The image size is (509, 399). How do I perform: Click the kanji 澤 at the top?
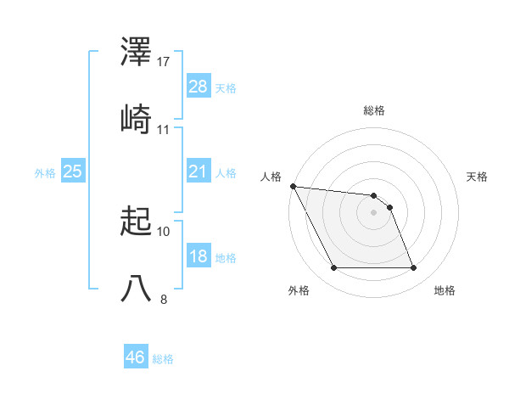137,53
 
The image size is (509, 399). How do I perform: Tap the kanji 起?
137,222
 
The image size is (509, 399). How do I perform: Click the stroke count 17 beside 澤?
164,62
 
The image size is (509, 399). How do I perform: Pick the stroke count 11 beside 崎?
164,129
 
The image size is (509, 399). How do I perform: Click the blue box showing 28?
199,87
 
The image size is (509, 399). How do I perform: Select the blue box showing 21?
199,171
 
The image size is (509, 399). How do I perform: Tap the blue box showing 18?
199,256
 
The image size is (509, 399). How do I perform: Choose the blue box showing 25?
73,171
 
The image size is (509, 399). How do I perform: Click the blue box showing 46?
136,357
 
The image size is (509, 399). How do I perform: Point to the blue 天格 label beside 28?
226,87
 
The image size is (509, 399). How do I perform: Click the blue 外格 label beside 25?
45,172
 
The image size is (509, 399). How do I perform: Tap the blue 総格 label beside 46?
163,358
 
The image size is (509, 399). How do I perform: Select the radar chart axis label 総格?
374,110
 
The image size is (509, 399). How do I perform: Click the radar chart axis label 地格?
445,291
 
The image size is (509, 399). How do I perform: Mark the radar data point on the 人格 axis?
293,186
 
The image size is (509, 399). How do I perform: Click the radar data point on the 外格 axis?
333,268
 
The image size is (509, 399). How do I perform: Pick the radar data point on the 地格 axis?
413,268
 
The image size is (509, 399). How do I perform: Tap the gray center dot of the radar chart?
373,212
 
